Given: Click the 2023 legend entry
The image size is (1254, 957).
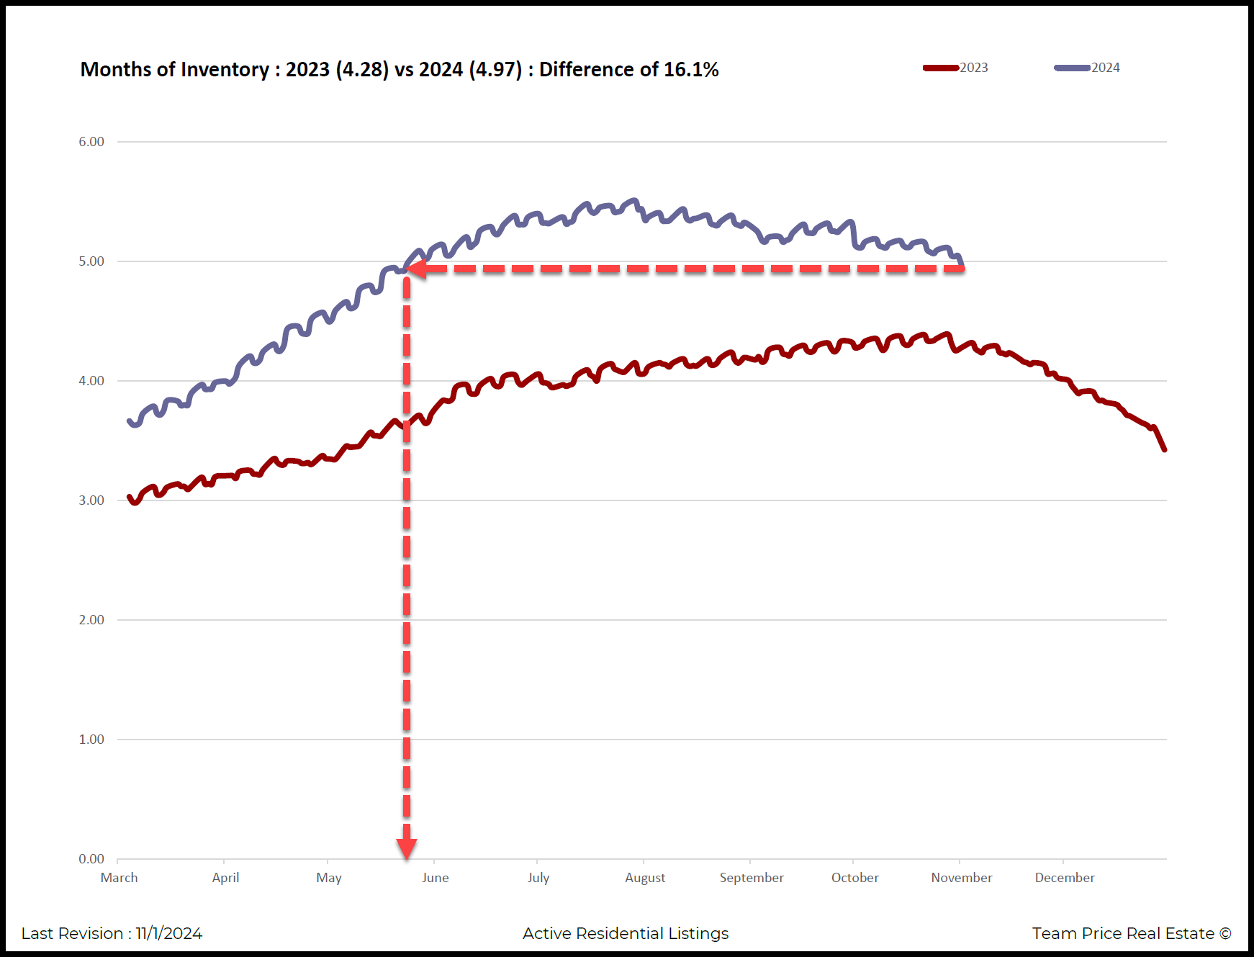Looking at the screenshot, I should (x=956, y=68).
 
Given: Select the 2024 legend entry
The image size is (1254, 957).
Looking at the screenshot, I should (x=1088, y=68).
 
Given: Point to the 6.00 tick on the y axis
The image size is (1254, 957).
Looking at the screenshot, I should (x=91, y=142).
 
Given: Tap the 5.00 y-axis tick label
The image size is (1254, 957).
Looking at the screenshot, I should (x=91, y=261).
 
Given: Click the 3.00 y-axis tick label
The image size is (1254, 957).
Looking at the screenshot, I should (x=91, y=500).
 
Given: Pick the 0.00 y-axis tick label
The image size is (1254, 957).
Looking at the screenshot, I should (x=91, y=859).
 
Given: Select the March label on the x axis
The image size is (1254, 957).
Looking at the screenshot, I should (x=119, y=878).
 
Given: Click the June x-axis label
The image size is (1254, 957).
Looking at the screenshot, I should (x=436, y=878).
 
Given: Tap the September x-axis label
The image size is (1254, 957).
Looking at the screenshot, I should (x=752, y=878).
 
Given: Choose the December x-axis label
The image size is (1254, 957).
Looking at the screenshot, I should (x=1065, y=878).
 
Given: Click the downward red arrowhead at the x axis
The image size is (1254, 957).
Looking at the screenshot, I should (x=407, y=849).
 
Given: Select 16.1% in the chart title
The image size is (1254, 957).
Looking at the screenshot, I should (x=691, y=70).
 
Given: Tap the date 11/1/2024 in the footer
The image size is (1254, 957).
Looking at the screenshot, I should (x=169, y=934).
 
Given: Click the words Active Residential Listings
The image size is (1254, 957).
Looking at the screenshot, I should (x=626, y=934).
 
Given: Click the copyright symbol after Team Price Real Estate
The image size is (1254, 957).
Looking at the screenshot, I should (x=1225, y=934).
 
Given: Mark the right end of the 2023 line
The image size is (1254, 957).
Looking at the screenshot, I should (x=1164, y=449).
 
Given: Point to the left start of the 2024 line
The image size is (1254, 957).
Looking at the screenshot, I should (x=130, y=421).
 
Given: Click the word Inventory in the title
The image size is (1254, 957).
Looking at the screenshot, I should (x=225, y=70).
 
